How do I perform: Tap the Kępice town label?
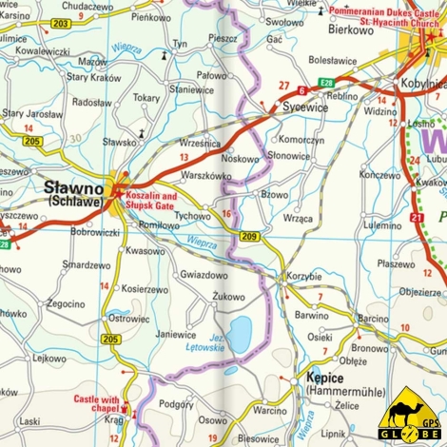325,378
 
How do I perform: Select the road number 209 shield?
249,235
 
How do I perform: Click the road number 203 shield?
61,22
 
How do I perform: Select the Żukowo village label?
228,297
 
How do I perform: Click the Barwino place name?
311,314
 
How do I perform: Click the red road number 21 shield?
417,218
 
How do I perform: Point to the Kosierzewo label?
145,289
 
